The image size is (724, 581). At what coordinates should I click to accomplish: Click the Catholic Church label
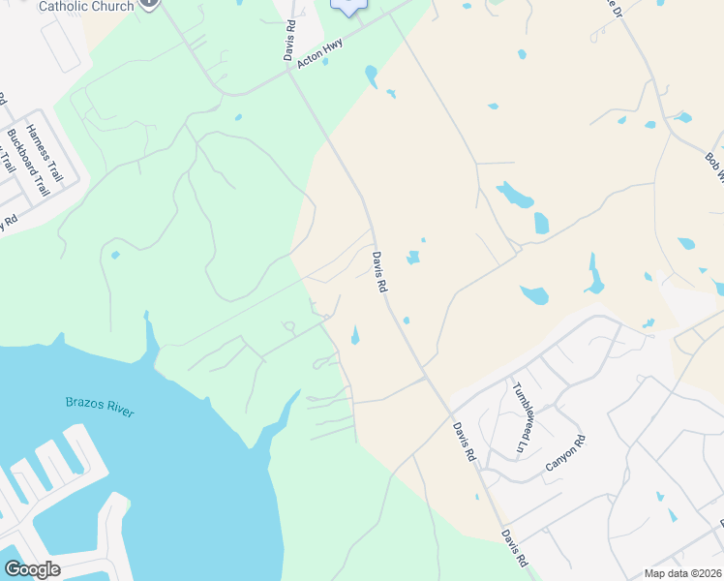(x=86, y=6)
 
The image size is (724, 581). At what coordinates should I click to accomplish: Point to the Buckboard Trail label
(x=27, y=162)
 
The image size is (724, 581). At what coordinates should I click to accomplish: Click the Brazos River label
(x=99, y=406)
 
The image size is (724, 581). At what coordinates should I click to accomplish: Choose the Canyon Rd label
(x=565, y=453)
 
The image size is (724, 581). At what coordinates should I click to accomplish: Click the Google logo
(x=33, y=569)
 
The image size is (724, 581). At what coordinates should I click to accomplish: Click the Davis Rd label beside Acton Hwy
(x=290, y=43)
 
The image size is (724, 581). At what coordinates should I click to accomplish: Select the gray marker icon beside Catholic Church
(x=148, y=3)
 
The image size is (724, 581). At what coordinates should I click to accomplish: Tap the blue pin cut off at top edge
(x=349, y=6)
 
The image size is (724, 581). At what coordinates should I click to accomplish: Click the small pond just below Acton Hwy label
(x=325, y=62)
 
